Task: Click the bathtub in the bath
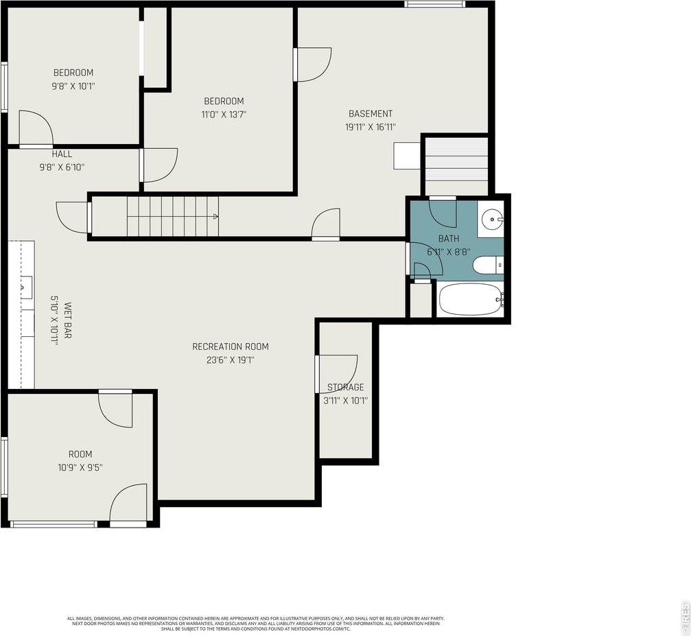[x=471, y=300]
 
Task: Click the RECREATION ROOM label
[x=230, y=346]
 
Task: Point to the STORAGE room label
[x=345, y=388]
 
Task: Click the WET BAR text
[x=68, y=321]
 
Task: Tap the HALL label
[x=61, y=154]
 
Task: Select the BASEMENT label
[x=371, y=114]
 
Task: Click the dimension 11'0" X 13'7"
[x=224, y=115]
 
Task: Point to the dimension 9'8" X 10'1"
[x=73, y=86]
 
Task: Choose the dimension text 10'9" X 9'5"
[x=80, y=467]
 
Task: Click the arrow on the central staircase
[x=215, y=217]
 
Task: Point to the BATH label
[x=449, y=239]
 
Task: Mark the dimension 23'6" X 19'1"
[x=230, y=360]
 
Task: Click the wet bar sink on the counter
[x=27, y=283]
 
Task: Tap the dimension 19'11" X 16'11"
[x=371, y=127]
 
